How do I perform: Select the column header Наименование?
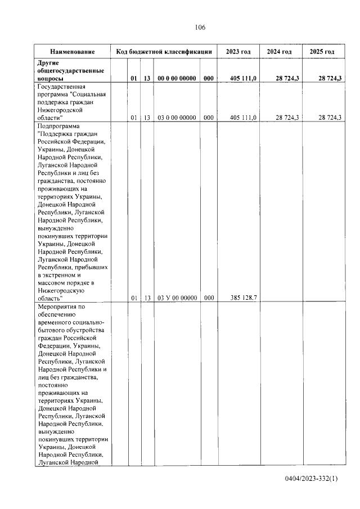pos(72,52)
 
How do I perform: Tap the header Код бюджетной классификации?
pos(164,52)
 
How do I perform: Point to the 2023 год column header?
pos(238,52)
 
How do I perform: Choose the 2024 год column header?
pos(279,52)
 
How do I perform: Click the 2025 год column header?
pos(322,52)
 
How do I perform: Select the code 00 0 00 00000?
pos(177,79)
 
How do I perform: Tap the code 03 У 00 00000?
pos(177,298)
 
